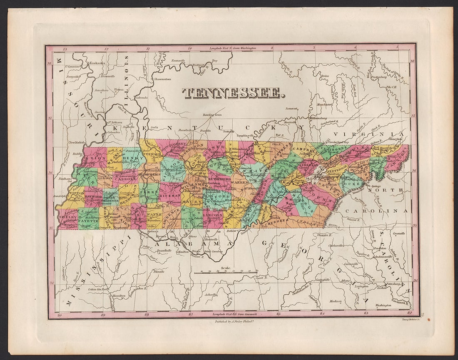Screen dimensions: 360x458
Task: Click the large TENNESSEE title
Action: click(x=234, y=93)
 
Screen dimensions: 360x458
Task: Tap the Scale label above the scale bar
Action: click(x=226, y=268)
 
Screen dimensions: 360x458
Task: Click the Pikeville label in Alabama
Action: click(x=158, y=271)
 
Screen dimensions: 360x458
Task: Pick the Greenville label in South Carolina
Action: click(x=398, y=233)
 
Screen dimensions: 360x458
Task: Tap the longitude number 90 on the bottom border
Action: click(x=60, y=315)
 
